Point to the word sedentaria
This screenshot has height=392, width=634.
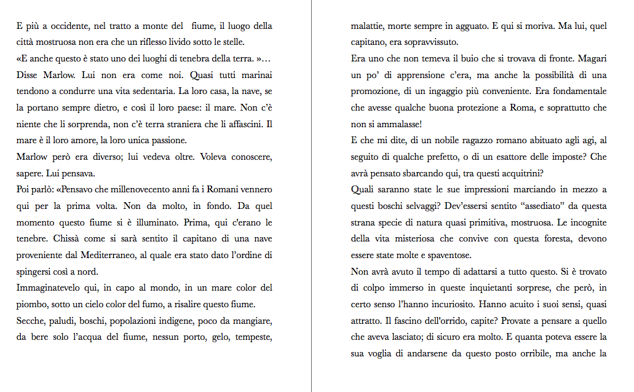(146, 92)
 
